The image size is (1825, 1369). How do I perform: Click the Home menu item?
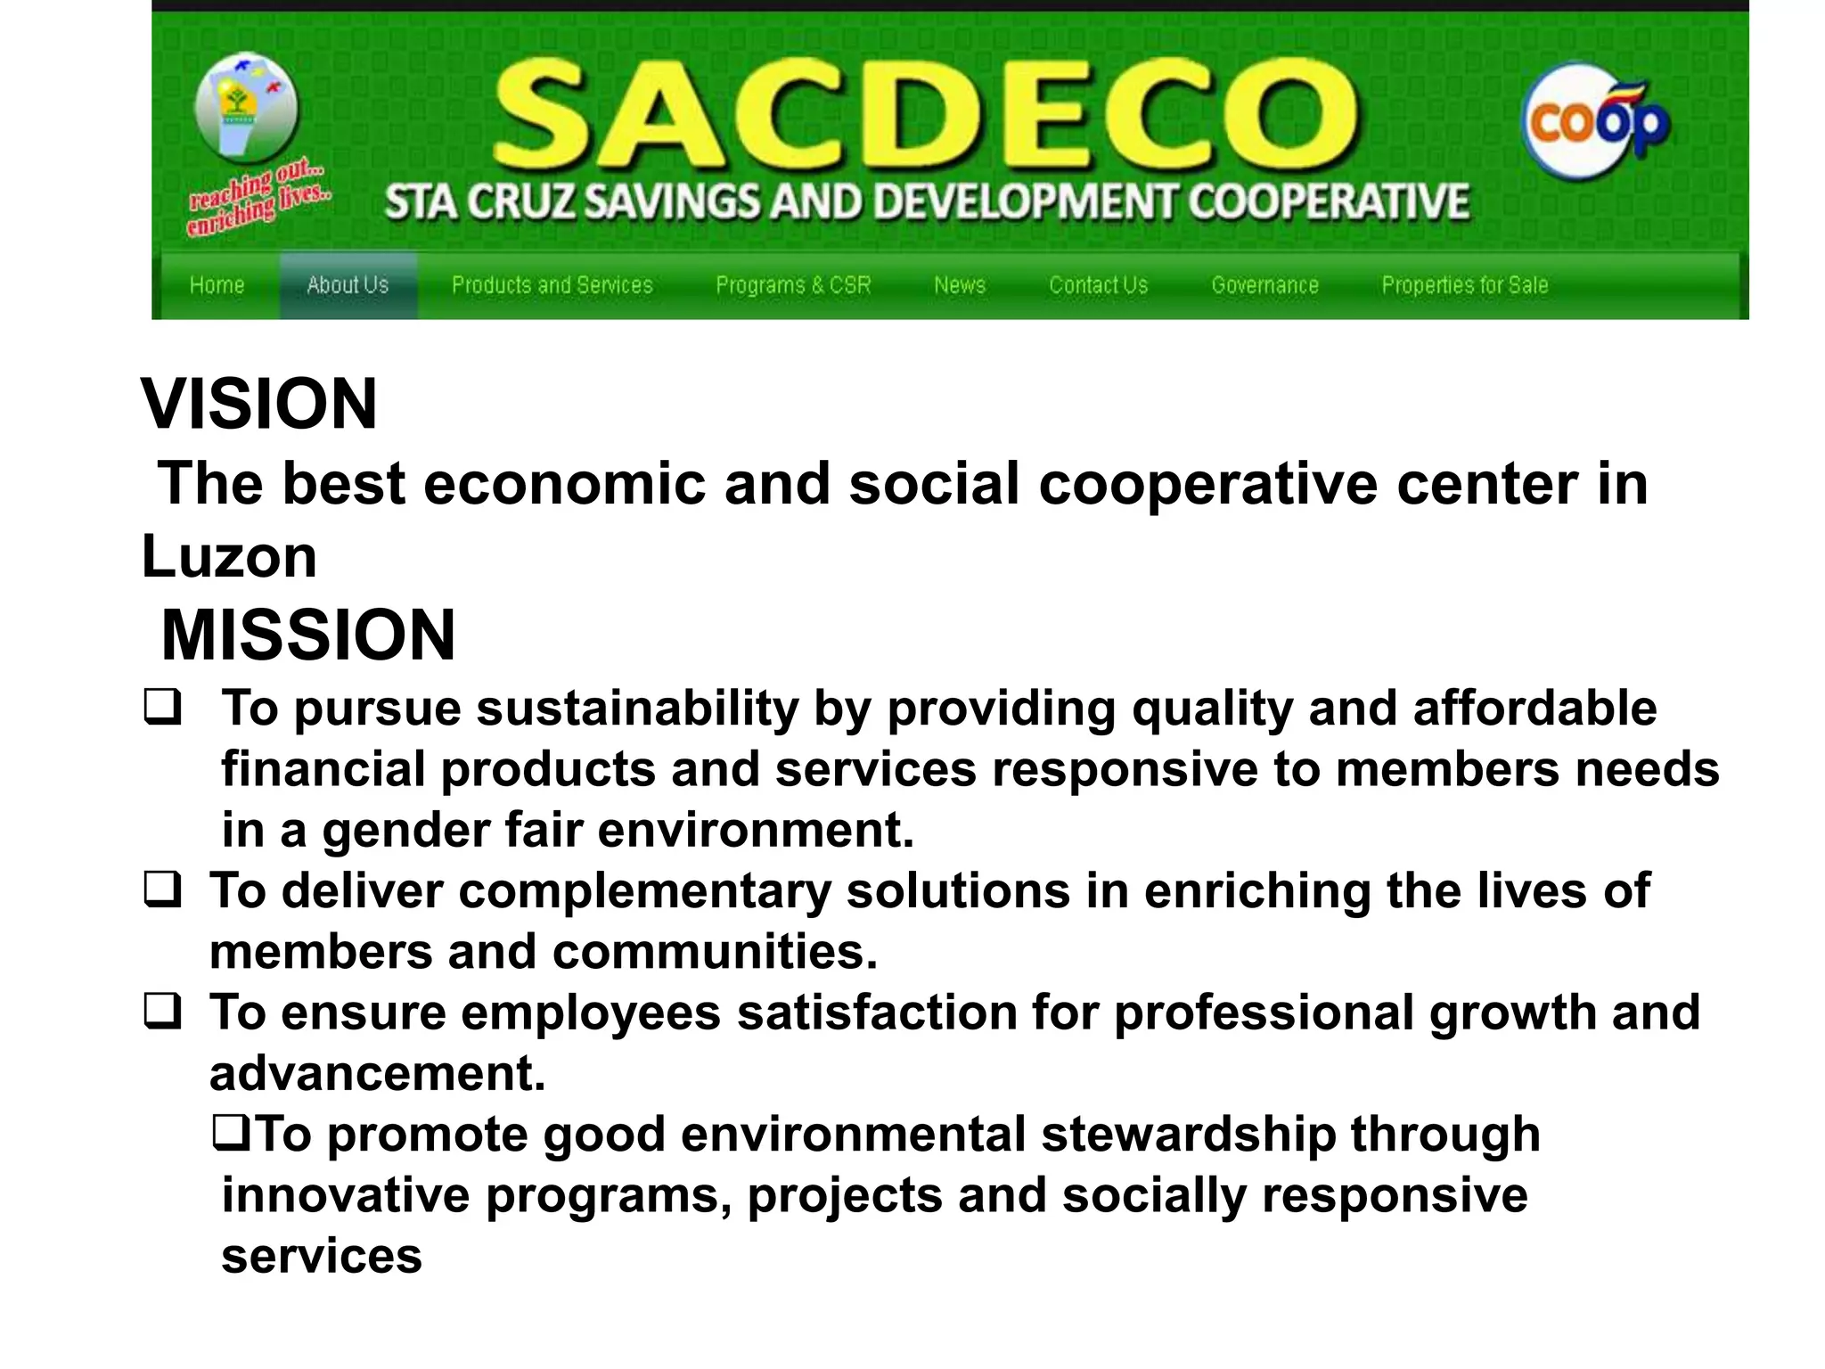point(217,285)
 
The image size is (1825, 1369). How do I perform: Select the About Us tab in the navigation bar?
point(348,285)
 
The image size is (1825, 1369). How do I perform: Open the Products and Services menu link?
point(552,285)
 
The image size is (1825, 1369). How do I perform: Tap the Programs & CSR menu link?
point(793,285)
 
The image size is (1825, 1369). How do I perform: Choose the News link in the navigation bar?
point(960,285)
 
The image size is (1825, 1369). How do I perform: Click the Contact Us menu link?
point(1098,285)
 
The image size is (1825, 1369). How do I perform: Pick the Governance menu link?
point(1264,285)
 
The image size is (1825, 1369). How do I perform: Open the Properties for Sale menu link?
point(1464,285)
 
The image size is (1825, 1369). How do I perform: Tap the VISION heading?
point(259,404)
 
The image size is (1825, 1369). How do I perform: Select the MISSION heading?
point(307,635)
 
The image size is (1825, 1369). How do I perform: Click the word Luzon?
point(229,557)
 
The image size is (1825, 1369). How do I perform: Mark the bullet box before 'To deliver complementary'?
point(162,889)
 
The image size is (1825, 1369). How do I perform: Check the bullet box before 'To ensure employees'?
point(162,1012)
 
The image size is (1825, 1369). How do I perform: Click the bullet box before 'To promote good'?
point(232,1133)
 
